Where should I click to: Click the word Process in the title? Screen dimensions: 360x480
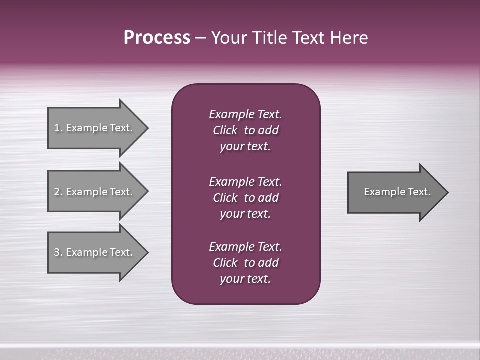[x=157, y=38]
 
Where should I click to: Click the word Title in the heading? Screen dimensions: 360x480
[x=268, y=38]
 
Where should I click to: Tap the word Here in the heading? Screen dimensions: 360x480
[x=350, y=38]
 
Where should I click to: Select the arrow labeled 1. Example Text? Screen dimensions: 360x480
[x=95, y=128]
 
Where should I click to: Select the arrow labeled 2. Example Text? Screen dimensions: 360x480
[x=95, y=192]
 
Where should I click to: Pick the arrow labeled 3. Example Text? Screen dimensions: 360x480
[x=95, y=252]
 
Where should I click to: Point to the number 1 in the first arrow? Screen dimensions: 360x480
[x=57, y=128]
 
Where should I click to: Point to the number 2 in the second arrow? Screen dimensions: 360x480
[x=57, y=192]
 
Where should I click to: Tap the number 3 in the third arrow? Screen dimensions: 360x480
[x=57, y=252]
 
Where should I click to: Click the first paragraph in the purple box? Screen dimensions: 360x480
[x=245, y=130]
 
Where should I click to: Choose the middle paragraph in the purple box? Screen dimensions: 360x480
[x=245, y=198]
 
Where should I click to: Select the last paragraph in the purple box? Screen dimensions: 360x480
[x=245, y=263]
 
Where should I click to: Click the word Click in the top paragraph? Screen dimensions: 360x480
[x=225, y=130]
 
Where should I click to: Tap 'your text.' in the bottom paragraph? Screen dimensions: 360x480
[x=245, y=279]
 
